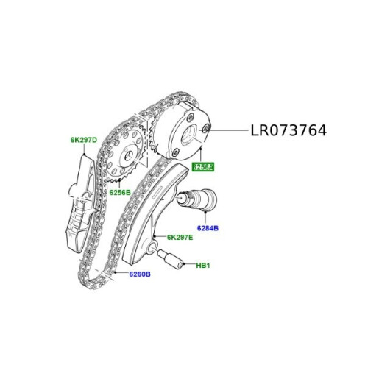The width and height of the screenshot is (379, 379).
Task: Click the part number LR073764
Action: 288,131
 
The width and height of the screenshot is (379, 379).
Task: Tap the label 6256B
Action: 119,193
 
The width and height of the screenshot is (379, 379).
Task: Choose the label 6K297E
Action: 180,237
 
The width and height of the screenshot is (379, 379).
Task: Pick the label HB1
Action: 203,265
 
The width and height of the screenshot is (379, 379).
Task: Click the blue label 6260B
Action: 139,274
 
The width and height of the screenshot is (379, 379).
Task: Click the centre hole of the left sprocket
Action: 128,156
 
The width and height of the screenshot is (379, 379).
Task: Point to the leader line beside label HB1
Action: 188,263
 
